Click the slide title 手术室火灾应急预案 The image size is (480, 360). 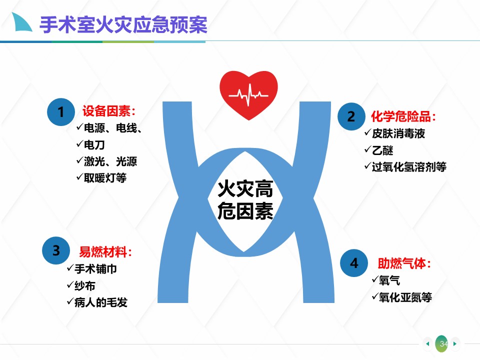[x=123, y=24]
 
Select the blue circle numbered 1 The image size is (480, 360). [x=61, y=112]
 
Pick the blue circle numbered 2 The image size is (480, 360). [x=351, y=116]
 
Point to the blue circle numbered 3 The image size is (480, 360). [x=56, y=250]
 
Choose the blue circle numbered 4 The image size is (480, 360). [x=354, y=263]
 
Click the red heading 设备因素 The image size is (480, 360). [x=108, y=111]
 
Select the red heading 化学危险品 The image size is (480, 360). [x=403, y=116]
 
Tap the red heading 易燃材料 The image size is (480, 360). [x=105, y=252]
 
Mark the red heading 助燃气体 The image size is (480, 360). [x=404, y=263]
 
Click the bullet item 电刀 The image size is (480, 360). [x=91, y=144]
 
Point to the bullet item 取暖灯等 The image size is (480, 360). [x=101, y=177]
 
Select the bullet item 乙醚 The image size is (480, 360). [x=379, y=150]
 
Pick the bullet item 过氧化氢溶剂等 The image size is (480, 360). [x=405, y=167]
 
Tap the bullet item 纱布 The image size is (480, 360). [x=81, y=285]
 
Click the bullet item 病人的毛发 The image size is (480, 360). [x=97, y=302]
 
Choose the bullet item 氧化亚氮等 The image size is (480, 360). [x=402, y=297]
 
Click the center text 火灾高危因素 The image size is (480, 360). [x=245, y=200]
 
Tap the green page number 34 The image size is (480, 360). [x=441, y=344]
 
